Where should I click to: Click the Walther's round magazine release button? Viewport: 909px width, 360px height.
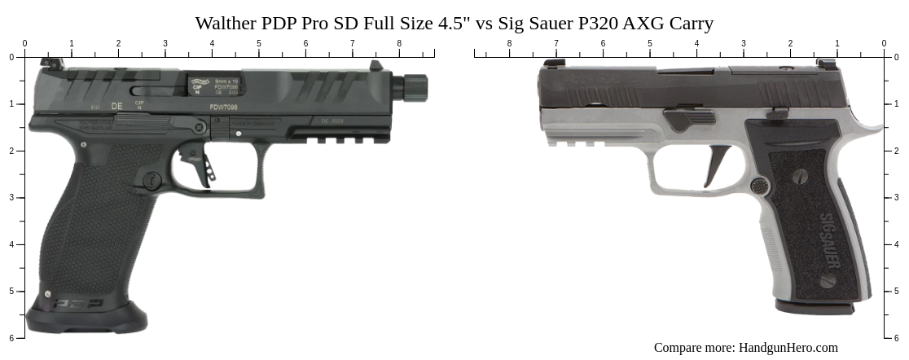click(152, 180)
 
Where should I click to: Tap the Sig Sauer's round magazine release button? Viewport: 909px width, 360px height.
click(759, 186)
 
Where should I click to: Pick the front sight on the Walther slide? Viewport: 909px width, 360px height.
click(375, 65)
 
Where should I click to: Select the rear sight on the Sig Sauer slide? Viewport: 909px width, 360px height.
click(826, 63)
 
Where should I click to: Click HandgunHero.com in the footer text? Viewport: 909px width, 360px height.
click(788, 348)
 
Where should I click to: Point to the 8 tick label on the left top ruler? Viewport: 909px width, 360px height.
click(399, 43)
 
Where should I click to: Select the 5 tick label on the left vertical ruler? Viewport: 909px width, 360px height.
click(11, 291)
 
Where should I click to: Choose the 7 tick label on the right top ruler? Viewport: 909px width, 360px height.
click(556, 43)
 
